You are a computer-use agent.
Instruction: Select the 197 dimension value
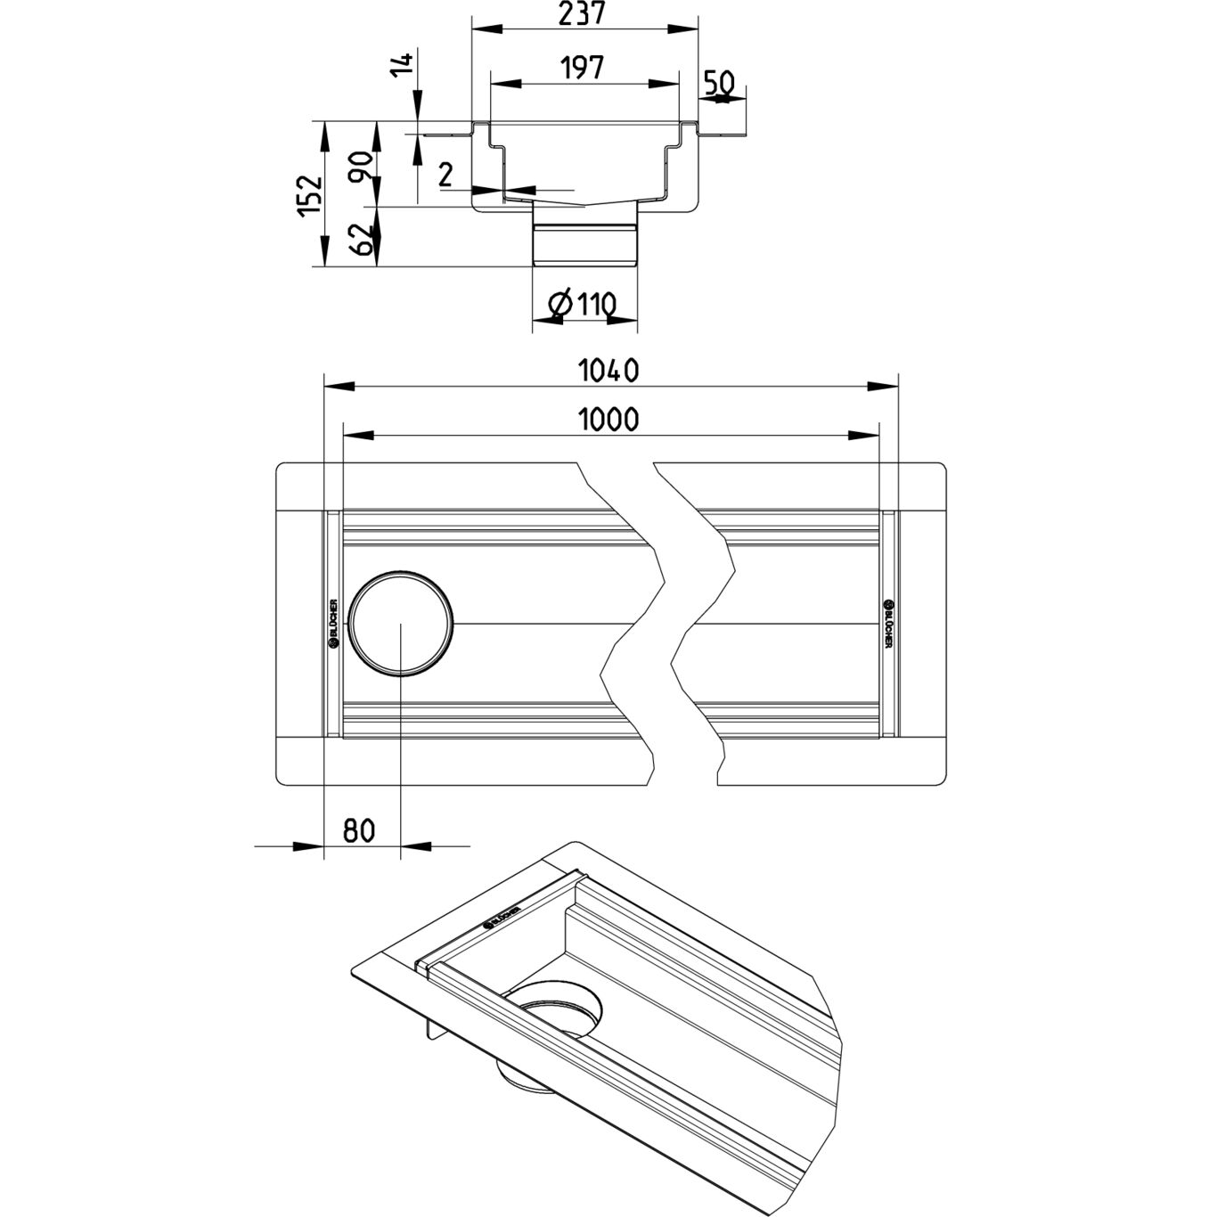[x=583, y=67]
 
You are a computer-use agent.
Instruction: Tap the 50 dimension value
[x=720, y=83]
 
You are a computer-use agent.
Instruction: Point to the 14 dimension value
[x=404, y=66]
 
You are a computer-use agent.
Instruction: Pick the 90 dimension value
[x=362, y=166]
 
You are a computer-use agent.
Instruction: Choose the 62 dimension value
[x=362, y=239]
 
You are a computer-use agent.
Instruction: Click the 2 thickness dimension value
[x=446, y=175]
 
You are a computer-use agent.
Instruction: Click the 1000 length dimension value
[x=609, y=419]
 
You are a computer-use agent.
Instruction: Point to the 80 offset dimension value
[x=359, y=830]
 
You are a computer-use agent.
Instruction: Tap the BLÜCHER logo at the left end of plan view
[x=333, y=624]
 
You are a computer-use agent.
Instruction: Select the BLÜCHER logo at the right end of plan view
[x=888, y=624]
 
